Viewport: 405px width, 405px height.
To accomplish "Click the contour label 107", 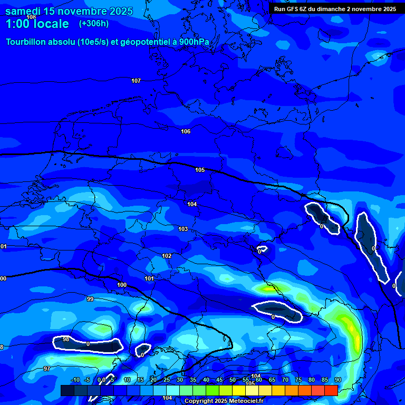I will [136, 81].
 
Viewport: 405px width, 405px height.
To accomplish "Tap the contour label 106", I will [185, 131].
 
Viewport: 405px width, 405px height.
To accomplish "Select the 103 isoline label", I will [183, 229].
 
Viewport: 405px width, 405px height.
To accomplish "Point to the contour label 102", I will [167, 256].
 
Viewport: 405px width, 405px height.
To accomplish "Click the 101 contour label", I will [149, 278].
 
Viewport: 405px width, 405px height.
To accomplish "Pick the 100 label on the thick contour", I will [122, 285].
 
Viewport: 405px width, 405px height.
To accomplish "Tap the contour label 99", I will [90, 299].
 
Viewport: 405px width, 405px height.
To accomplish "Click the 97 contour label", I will [47, 369].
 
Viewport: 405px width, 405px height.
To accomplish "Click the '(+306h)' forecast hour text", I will [93, 24].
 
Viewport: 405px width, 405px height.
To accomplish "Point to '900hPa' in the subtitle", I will [191, 42].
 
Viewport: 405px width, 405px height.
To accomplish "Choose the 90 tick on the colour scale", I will [337, 380].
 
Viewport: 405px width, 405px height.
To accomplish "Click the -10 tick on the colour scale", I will [75, 380].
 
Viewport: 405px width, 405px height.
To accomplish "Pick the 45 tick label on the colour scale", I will [219, 380].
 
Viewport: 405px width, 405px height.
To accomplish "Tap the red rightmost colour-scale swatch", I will [331, 390].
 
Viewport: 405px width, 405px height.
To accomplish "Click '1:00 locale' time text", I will [37, 24].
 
